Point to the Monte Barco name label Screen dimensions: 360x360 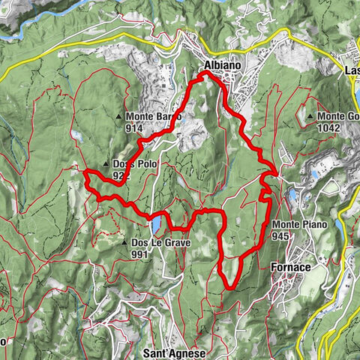pyautogui.click(x=154, y=117)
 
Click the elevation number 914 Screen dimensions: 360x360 pyautogui.click(x=135, y=128)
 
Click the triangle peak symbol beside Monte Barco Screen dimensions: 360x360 pyautogui.click(x=120, y=117)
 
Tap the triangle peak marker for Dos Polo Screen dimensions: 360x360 pyautogui.click(x=106, y=164)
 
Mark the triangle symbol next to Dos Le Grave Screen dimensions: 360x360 pyautogui.click(x=124, y=243)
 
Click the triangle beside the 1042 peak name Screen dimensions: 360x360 pyautogui.click(x=310, y=116)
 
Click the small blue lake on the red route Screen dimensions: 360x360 pyautogui.click(x=155, y=224)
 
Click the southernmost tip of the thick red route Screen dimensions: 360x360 pyautogui.click(x=229, y=287)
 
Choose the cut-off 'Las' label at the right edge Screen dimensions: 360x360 pyautogui.click(x=351, y=71)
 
